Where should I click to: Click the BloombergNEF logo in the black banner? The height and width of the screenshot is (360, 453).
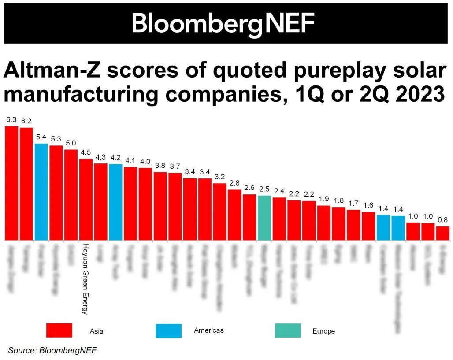point(223,23)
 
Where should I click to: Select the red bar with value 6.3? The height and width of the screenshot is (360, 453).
point(11,183)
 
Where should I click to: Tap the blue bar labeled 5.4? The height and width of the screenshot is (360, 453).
point(41,192)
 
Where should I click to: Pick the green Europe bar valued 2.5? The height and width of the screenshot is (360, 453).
point(264,218)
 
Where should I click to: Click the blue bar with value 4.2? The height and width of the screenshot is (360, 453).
point(115,202)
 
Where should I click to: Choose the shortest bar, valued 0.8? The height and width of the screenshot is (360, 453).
point(442,233)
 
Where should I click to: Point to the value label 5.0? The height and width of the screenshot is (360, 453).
point(71,143)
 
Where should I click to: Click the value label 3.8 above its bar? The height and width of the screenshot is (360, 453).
point(160,166)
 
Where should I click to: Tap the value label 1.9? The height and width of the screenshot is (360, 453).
point(324,199)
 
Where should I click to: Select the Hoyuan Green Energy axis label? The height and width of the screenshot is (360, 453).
point(86,279)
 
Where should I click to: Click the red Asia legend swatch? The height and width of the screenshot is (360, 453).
point(59,330)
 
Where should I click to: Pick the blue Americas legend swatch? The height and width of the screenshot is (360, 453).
point(168,330)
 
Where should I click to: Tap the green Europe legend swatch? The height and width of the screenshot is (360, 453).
point(288,330)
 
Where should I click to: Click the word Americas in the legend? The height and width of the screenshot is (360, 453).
point(209,330)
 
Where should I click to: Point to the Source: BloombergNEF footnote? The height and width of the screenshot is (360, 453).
point(52,350)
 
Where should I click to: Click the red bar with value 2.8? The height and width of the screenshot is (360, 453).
point(234,215)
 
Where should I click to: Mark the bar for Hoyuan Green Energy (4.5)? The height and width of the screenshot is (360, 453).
point(86,200)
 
